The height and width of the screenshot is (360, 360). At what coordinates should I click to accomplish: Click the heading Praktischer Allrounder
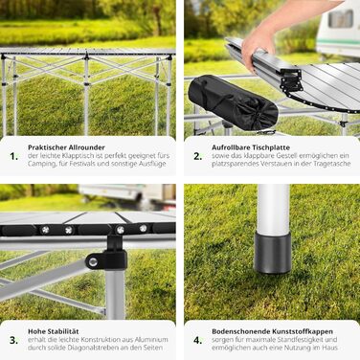click(66, 147)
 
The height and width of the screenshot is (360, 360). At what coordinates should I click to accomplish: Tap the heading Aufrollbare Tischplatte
click(251, 147)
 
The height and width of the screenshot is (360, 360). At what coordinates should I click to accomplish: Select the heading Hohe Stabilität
click(54, 331)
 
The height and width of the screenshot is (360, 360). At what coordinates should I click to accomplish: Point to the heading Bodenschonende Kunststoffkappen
click(272, 331)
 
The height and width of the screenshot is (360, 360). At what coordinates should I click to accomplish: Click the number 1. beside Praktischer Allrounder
click(14, 156)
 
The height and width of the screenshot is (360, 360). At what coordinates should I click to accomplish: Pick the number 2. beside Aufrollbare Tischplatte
click(198, 156)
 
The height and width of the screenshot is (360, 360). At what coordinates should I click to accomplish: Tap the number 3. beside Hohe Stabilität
click(14, 340)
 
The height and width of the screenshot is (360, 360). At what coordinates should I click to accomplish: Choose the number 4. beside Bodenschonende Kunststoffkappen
click(198, 340)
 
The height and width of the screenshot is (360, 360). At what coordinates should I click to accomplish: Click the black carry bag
click(233, 102)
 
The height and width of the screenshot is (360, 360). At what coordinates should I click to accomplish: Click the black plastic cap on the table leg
click(272, 252)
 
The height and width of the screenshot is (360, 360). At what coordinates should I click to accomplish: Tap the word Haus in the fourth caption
click(330, 348)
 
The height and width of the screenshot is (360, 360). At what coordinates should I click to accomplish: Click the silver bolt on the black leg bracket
click(93, 262)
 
